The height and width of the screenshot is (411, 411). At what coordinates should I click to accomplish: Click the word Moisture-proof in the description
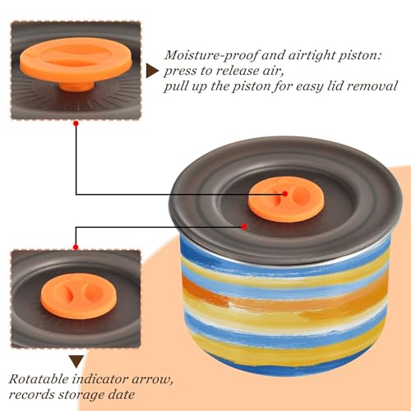(211, 55)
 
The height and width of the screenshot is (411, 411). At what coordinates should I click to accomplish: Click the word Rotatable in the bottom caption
(39, 379)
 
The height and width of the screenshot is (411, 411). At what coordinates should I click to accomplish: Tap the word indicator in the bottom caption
(100, 379)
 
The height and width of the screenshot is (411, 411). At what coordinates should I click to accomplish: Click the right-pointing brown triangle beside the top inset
(151, 71)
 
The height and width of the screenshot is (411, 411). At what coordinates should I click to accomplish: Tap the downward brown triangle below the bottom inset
(76, 362)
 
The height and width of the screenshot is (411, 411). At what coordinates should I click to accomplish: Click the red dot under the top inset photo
(76, 123)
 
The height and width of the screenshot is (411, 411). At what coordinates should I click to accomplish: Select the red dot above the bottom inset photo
(76, 247)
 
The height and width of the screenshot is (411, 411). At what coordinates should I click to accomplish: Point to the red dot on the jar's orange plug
(285, 194)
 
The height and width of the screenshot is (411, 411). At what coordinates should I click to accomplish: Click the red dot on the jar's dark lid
(244, 227)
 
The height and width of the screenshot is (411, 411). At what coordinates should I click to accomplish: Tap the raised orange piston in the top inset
(76, 60)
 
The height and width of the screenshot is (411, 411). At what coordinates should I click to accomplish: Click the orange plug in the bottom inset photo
(79, 296)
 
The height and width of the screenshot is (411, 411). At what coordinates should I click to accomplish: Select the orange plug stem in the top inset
(76, 85)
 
